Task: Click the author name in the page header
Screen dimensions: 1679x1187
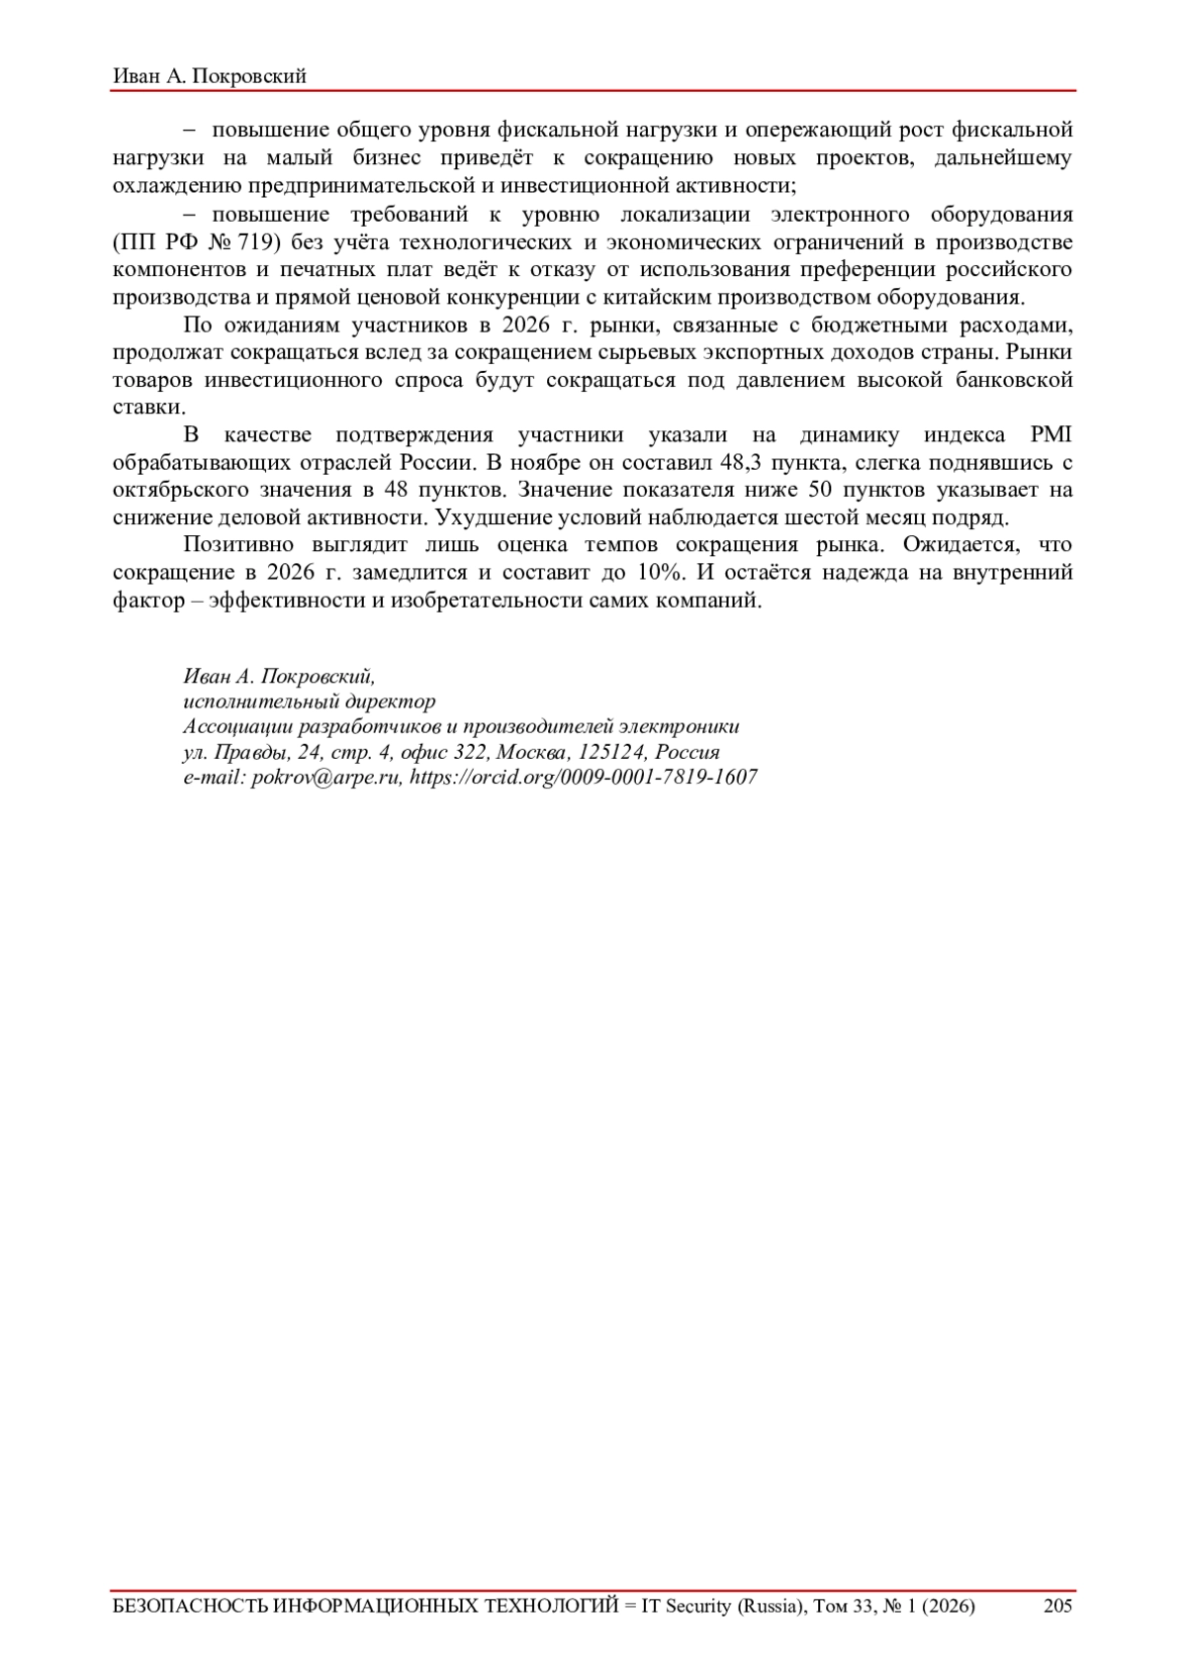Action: tap(210, 76)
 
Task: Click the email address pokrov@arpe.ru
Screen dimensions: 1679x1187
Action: tap(326, 778)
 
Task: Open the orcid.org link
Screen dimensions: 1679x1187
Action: tap(584, 778)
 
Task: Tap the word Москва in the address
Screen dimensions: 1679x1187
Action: tap(532, 753)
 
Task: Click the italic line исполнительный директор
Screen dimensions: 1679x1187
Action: tap(309, 702)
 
